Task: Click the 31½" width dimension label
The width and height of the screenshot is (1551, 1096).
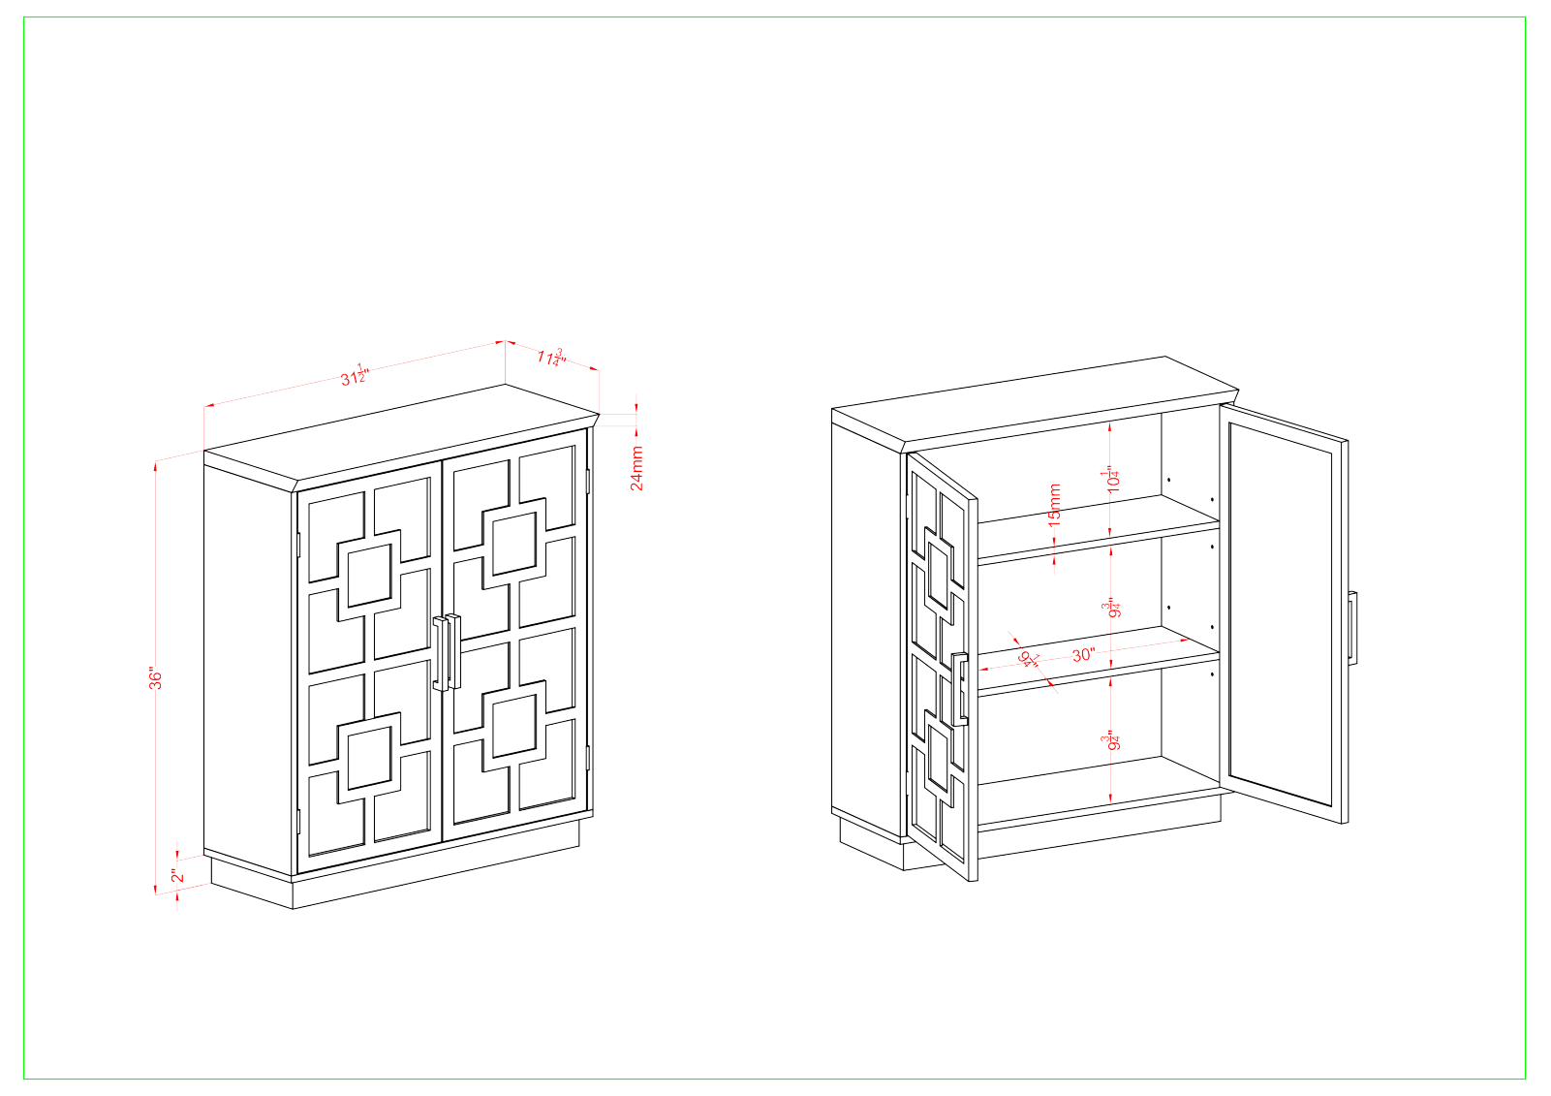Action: [355, 375]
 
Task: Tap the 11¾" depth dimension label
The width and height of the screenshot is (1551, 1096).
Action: [550, 357]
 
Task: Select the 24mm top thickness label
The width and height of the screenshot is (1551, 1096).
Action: [636, 468]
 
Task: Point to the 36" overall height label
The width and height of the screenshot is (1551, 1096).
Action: [156, 677]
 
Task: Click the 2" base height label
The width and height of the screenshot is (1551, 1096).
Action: [175, 876]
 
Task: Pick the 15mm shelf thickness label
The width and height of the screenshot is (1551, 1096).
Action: [1055, 505]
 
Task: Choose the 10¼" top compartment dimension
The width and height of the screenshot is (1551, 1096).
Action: [1112, 479]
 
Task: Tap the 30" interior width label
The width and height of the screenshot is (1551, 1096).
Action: [1083, 655]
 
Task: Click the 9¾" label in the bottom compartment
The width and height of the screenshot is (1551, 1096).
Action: [1112, 740]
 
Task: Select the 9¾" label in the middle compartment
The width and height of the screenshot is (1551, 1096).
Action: [1112, 609]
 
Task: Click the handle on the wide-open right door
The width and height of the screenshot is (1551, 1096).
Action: [1351, 626]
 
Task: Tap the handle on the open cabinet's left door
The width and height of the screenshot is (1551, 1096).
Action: [959, 689]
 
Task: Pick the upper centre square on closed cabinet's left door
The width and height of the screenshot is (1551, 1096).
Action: [369, 576]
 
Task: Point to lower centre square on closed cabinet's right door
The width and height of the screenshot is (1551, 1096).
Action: [514, 726]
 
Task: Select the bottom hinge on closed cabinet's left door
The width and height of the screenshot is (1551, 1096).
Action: [298, 821]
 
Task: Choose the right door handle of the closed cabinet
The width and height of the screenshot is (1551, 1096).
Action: [453, 650]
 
